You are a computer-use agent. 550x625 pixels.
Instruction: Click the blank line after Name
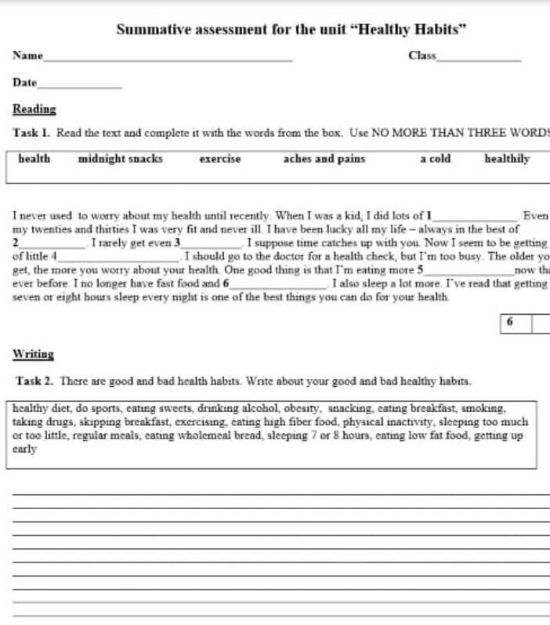click(x=168, y=59)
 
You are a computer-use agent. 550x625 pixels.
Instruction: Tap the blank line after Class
click(x=479, y=59)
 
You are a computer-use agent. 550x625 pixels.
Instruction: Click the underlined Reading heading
click(x=34, y=110)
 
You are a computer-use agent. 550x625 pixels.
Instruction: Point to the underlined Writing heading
click(x=34, y=355)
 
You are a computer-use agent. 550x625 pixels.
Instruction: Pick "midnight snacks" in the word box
click(x=121, y=159)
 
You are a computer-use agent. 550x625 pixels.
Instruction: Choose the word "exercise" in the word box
click(x=220, y=159)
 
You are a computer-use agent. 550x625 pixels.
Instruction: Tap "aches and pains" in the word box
click(x=324, y=159)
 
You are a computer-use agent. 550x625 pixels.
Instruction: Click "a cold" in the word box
click(x=436, y=159)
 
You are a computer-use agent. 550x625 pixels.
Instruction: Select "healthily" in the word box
click(x=507, y=159)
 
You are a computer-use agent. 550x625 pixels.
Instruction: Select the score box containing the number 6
click(x=510, y=323)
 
